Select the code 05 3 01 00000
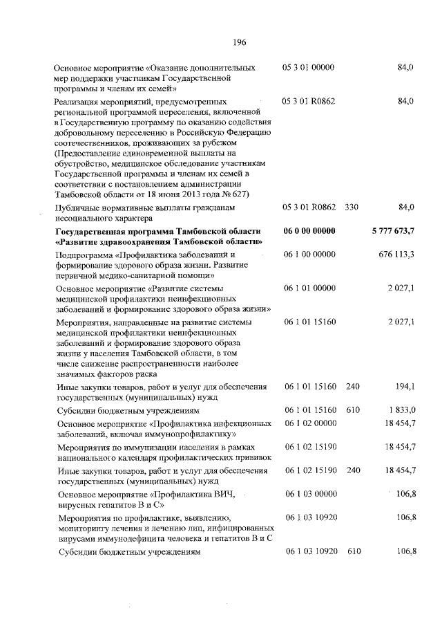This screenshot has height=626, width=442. pyautogui.click(x=309, y=68)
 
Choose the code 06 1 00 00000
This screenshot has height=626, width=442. pyautogui.click(x=309, y=255)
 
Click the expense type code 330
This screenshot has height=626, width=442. pyautogui.click(x=352, y=207)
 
